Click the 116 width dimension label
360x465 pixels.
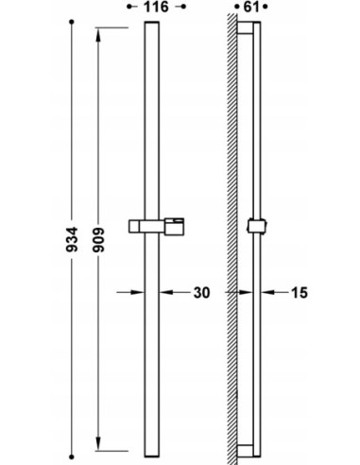point(156,7)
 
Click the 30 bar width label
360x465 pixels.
point(201,293)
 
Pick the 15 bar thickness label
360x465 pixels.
point(300,293)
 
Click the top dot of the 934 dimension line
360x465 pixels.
point(72,22)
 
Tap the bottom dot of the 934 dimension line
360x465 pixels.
point(72,456)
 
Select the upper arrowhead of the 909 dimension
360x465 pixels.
point(98,35)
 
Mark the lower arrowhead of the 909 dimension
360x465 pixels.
point(98,444)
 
